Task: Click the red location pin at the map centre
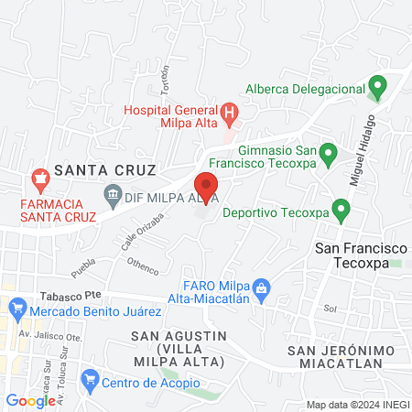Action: (x=205, y=186)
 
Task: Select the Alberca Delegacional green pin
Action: (x=377, y=89)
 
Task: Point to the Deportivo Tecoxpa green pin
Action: (x=341, y=211)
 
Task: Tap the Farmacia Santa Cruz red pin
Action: (x=39, y=178)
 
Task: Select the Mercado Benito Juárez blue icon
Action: (x=16, y=311)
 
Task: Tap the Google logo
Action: (x=30, y=400)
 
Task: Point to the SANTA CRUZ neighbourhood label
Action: (x=105, y=169)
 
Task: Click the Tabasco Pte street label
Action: (x=70, y=297)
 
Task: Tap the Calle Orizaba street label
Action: (x=142, y=233)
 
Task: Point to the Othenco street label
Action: (x=143, y=267)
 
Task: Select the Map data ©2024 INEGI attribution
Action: (x=357, y=405)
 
